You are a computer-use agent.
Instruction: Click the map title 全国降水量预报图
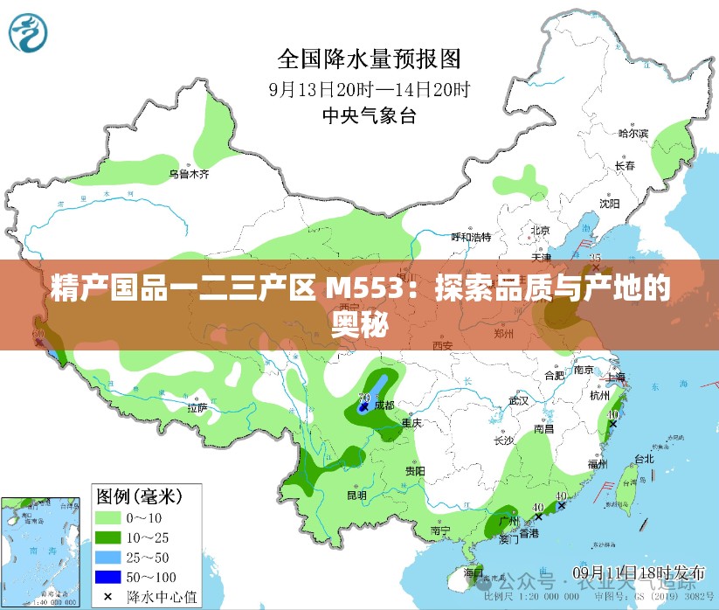pyautogui.click(x=369, y=59)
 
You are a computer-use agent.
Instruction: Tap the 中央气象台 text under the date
pyautogui.click(x=370, y=114)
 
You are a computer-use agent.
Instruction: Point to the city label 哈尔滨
pyautogui.click(x=634, y=134)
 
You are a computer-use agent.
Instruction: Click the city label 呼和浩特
pyautogui.click(x=471, y=237)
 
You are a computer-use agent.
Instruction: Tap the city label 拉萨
pyautogui.click(x=197, y=407)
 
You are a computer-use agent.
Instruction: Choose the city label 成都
pyautogui.click(x=384, y=406)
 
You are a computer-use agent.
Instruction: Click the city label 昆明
pyautogui.click(x=356, y=495)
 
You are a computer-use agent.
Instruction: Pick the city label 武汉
pyautogui.click(x=519, y=401)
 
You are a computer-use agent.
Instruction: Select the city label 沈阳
pyautogui.click(x=609, y=204)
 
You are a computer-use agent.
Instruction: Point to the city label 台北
pyautogui.click(x=644, y=458)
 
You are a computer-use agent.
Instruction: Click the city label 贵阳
pyautogui.click(x=414, y=471)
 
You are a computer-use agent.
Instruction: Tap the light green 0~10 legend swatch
pyautogui.click(x=108, y=517)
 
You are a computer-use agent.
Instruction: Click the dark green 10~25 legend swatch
pyautogui.click(x=108, y=537)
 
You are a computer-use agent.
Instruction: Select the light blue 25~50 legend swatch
pyautogui.click(x=108, y=557)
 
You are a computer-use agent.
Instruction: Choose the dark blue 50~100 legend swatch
pyautogui.click(x=108, y=577)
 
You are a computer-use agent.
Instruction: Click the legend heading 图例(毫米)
pyautogui.click(x=140, y=497)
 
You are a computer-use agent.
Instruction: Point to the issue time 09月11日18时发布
pyautogui.click(x=639, y=572)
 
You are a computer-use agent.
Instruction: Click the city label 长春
pyautogui.click(x=625, y=165)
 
